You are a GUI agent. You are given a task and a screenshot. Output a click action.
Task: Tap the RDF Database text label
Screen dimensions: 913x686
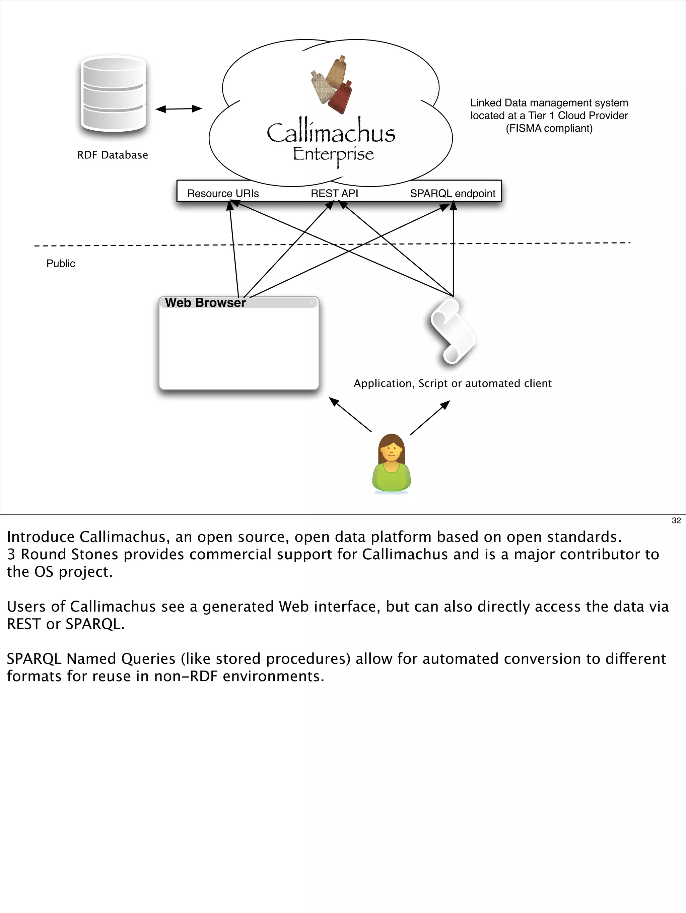coord(112,155)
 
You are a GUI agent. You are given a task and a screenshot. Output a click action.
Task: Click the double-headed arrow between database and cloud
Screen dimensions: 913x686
coord(179,109)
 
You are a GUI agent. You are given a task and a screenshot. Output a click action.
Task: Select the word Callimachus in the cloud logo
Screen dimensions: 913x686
coord(331,133)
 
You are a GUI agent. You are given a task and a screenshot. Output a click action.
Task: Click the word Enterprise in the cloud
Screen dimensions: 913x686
coord(333,154)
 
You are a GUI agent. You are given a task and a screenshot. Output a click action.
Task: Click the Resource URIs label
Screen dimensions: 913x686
coord(223,194)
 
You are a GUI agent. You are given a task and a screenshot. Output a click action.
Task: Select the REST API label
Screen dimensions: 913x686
coord(334,194)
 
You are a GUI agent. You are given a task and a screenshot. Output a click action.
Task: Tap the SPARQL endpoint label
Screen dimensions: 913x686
coord(453,194)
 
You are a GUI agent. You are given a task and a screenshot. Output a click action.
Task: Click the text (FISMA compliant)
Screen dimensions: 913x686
coord(549,128)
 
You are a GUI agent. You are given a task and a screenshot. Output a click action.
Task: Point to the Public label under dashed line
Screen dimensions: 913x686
coord(61,264)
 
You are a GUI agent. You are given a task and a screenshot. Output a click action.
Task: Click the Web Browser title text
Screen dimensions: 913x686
coord(205,302)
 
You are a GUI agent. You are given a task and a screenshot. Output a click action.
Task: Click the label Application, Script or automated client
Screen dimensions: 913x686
coord(453,383)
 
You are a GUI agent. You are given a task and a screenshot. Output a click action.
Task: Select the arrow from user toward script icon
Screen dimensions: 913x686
coord(430,418)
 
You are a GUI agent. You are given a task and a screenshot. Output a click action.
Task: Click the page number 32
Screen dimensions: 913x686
coord(676,520)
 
